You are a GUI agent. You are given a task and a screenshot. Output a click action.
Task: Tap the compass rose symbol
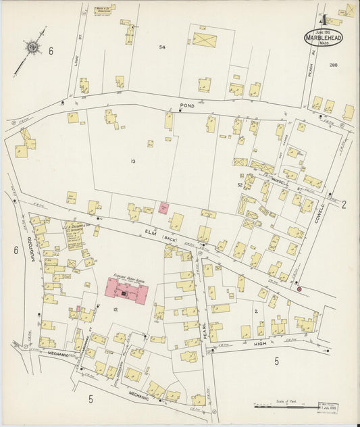tap(31, 47)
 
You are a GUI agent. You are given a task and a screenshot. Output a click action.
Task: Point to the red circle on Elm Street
tap(299, 288)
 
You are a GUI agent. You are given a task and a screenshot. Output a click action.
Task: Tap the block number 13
tap(133, 161)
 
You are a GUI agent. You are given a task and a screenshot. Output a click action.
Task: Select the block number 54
tap(161, 47)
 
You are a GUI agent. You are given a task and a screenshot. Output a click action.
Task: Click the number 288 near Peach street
tap(333, 64)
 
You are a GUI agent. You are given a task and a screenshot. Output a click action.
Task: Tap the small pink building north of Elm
tap(163, 208)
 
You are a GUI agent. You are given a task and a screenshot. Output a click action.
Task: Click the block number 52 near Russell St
tap(239, 184)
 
